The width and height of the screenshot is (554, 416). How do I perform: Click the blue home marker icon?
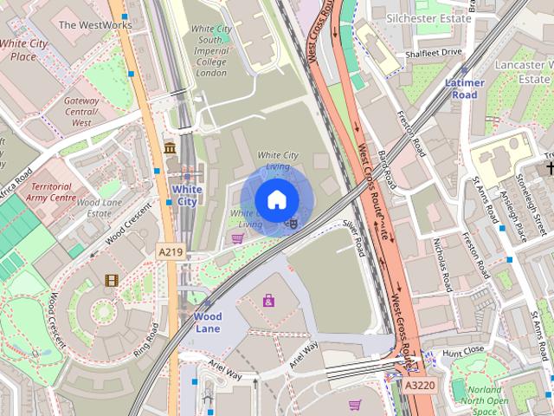coord(276,200)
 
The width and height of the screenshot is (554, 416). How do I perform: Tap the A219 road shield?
coord(170,251)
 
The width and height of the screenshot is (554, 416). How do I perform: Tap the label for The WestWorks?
coord(95,25)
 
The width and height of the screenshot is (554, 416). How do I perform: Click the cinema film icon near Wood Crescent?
coord(111,280)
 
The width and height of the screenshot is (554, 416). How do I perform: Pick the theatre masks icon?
coord(293,223)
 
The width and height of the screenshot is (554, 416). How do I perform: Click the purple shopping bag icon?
coord(269,301)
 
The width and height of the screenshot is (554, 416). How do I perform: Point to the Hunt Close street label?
coord(463,352)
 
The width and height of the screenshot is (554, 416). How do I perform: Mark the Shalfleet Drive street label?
coord(434,53)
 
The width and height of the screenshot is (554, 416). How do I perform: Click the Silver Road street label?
coord(355,237)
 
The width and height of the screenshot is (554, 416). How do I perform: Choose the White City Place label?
coord(24,49)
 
